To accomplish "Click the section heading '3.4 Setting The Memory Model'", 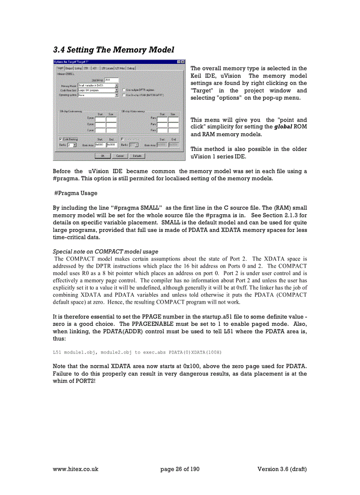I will click(x=113, y=50).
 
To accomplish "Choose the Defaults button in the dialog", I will click(x=137, y=156).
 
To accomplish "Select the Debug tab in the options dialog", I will click(x=131, y=68).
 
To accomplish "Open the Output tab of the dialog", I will click(x=69, y=68).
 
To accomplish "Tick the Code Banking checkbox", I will click(x=60, y=139).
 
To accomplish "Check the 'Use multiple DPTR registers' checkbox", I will click(x=124, y=89).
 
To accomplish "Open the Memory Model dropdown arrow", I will click(x=116, y=85).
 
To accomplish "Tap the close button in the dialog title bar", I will click(x=182, y=61).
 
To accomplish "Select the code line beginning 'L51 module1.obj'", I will click(x=137, y=352).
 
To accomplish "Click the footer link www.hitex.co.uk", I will click(x=75, y=469).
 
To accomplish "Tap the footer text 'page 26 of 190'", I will click(x=180, y=469).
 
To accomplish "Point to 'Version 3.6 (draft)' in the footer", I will click(x=282, y=469).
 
